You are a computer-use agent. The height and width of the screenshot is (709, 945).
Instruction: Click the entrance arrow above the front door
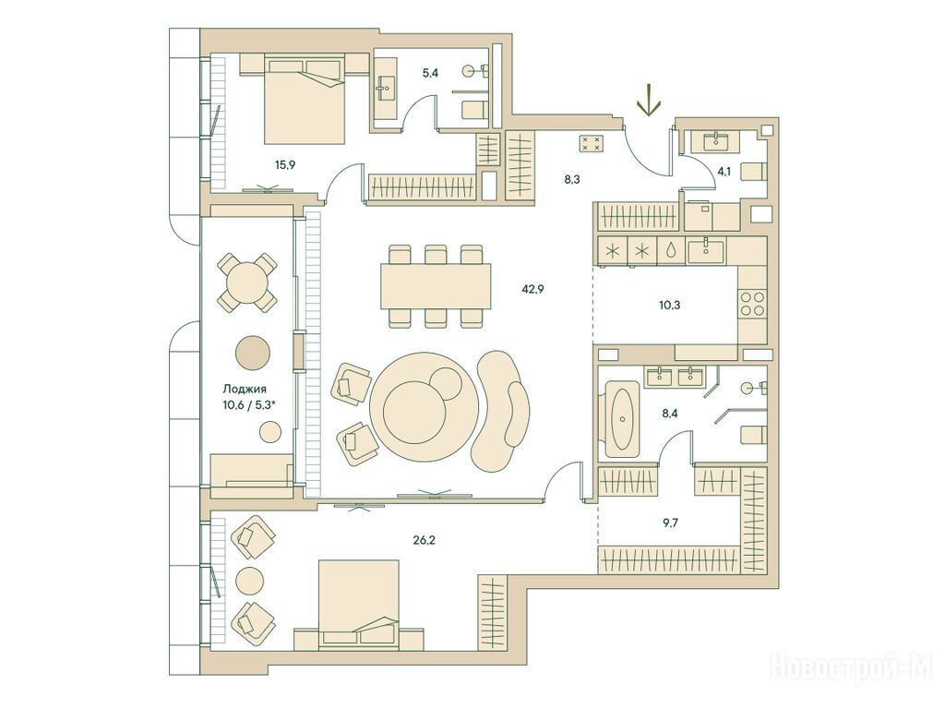point(649,102)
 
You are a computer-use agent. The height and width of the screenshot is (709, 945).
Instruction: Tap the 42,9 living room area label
point(532,289)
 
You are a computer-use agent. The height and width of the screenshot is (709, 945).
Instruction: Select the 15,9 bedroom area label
point(285,163)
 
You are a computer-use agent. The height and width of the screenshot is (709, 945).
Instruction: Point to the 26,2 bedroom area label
point(425,540)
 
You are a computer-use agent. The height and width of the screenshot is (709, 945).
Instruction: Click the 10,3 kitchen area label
point(669,305)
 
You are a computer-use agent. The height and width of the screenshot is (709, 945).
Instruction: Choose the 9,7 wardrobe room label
point(670,523)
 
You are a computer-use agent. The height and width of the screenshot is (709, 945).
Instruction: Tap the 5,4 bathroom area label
point(430,74)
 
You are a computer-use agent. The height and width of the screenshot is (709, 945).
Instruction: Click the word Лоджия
point(244,390)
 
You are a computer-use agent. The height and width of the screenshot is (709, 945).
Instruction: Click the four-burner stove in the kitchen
point(751,304)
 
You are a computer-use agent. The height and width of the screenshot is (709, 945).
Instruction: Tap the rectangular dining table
point(436,286)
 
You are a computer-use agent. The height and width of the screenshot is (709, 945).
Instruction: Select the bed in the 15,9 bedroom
point(305,99)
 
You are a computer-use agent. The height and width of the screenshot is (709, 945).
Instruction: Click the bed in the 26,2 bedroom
point(359,603)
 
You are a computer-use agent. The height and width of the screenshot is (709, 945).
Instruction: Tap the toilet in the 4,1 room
point(753,171)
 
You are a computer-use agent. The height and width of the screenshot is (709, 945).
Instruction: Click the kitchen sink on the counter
point(707,249)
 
